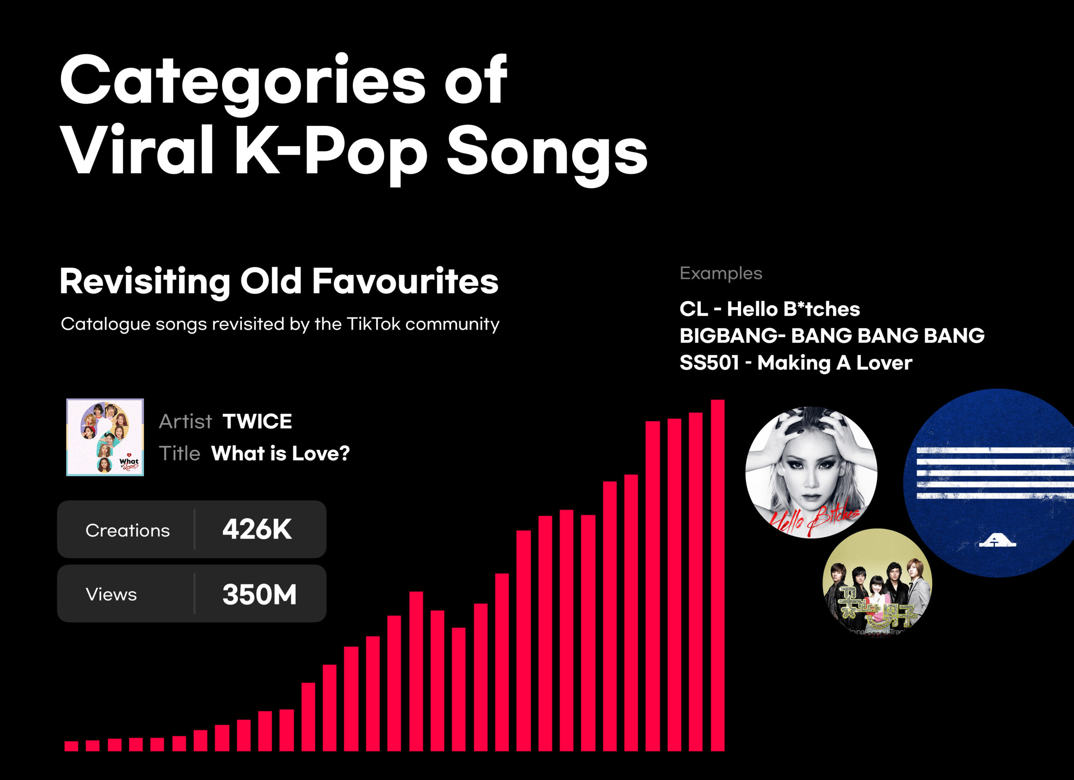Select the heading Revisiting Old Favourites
[279, 282]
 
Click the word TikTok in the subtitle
[374, 324]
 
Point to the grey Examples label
[721, 273]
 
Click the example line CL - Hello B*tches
[769, 309]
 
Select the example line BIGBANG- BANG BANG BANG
[832, 335]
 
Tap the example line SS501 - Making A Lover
[795, 363]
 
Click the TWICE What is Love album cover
[105, 437]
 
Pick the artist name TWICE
[257, 421]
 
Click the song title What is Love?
[280, 453]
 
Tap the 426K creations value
[257, 529]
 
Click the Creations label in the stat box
[128, 530]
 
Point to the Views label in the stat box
[111, 595]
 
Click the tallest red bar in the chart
[717, 575]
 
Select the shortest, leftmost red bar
[71, 746]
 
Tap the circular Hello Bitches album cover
[811, 472]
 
